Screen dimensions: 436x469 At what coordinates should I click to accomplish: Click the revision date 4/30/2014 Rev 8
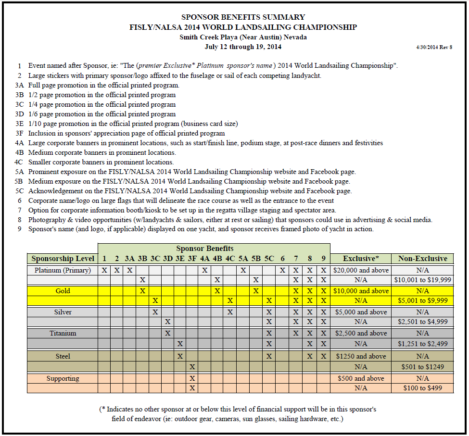coord(434,47)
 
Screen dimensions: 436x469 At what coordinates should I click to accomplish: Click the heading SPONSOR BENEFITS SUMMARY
coord(243,17)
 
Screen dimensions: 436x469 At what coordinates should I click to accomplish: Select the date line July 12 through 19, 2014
coord(243,47)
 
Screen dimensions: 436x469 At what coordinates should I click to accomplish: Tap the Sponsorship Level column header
coord(63,259)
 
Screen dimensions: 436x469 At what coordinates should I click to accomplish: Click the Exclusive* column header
coord(361,259)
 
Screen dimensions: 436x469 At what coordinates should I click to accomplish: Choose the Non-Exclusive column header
coord(422,259)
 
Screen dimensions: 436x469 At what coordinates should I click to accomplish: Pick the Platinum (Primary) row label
coord(63,270)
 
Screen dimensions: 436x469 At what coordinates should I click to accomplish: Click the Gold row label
coord(63,291)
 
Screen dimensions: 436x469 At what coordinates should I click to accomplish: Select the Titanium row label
coord(63,333)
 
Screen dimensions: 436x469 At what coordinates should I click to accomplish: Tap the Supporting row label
coord(63,378)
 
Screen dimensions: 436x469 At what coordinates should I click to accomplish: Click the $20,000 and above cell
coord(361,270)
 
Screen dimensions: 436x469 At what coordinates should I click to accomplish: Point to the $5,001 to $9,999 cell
coord(422,300)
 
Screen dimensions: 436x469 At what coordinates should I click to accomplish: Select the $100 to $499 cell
coord(422,388)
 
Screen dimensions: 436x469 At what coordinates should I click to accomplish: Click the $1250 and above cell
coord(361,356)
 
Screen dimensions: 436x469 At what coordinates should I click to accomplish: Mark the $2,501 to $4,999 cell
coord(422,322)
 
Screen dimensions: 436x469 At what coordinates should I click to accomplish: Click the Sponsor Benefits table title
coord(204,249)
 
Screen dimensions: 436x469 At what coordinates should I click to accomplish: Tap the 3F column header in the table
coord(192,259)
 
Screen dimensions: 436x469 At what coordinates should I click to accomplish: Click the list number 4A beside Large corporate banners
coord(19,143)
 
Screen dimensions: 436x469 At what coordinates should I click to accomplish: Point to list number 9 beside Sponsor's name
coord(20,229)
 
